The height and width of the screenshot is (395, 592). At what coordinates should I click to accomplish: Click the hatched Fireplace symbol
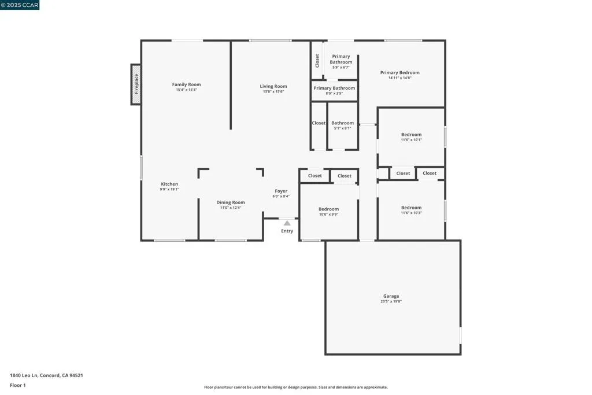(136, 84)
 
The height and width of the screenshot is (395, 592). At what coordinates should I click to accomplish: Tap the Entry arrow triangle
(287, 223)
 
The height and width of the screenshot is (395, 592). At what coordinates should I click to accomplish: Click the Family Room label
(186, 84)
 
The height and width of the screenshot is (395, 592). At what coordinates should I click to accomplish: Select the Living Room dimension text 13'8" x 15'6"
(273, 91)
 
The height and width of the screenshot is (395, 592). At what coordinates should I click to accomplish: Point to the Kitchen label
(169, 184)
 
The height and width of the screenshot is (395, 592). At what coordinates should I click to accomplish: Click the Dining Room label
(231, 202)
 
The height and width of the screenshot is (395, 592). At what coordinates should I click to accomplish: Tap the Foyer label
(281, 191)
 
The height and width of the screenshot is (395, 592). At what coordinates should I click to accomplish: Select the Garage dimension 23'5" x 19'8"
(391, 301)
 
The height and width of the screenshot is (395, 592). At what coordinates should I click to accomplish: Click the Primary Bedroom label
(399, 72)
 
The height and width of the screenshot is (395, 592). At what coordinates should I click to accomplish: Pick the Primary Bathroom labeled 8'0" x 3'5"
(334, 88)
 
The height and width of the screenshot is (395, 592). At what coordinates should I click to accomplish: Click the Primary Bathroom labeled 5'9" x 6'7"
(341, 59)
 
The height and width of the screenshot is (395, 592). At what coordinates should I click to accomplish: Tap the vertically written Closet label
(317, 61)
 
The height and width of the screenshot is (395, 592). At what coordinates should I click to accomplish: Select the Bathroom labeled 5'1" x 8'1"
(342, 123)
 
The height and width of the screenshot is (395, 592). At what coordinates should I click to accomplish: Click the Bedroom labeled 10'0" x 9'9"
(328, 209)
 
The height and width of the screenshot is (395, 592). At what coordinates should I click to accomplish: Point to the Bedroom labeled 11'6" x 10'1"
(411, 135)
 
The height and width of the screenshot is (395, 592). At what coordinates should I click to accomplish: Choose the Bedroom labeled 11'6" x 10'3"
(411, 208)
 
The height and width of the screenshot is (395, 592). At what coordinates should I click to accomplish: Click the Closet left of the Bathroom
(319, 123)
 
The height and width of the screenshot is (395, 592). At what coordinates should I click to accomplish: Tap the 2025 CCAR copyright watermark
(20, 5)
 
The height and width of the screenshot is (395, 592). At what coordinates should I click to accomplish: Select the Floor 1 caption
(18, 385)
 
